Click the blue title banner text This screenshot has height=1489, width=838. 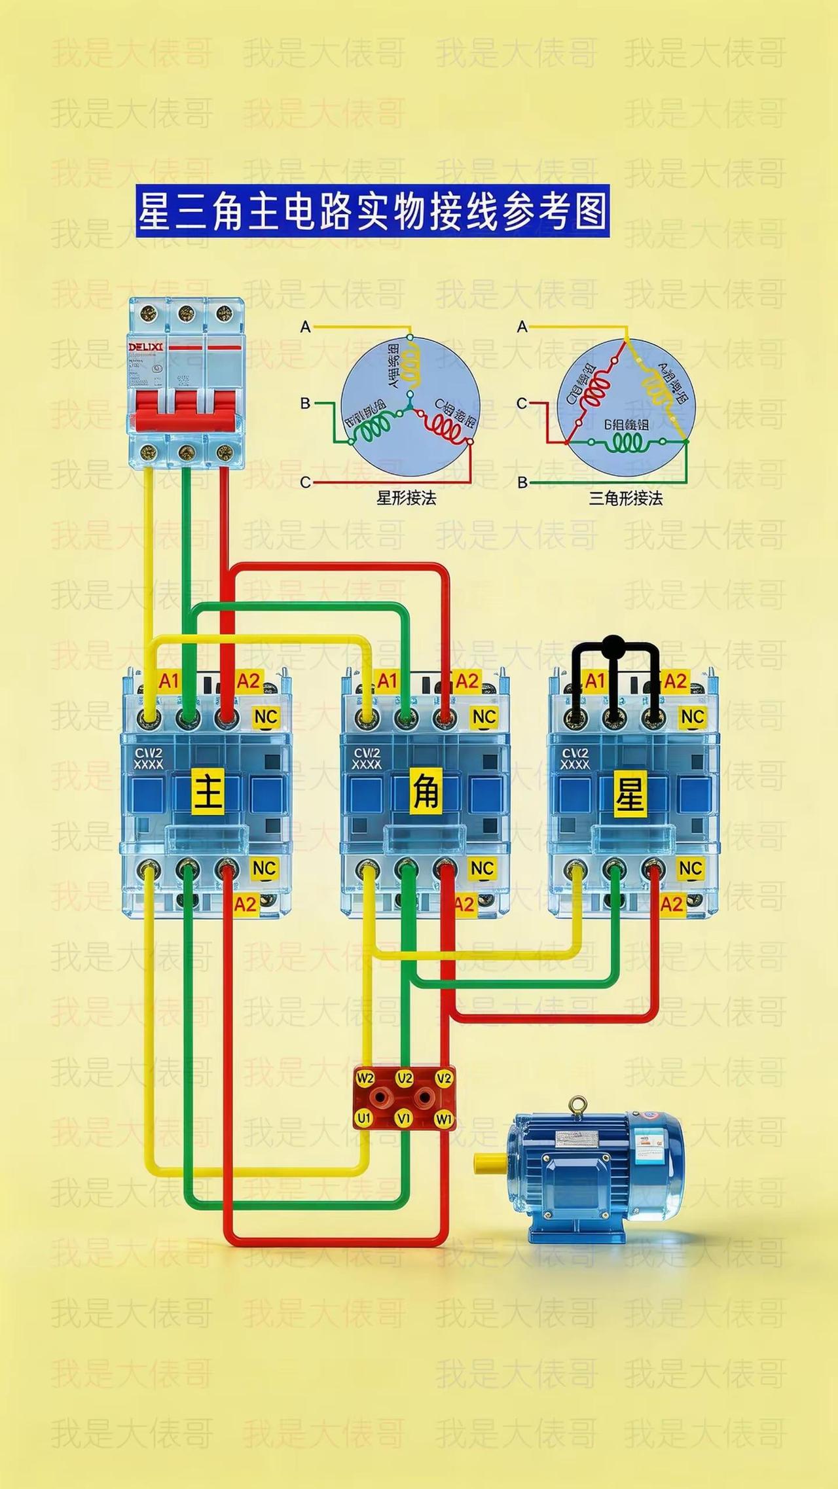tap(372, 211)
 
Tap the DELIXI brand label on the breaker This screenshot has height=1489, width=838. tap(146, 346)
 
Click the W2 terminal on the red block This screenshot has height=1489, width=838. tap(365, 1078)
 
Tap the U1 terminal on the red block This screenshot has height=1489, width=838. tap(363, 1119)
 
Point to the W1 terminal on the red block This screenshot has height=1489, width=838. tap(445, 1119)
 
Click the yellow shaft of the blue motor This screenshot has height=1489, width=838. tap(490, 1162)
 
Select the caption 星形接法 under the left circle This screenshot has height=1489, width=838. tap(406, 498)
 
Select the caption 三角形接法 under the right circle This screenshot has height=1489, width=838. tap(626, 498)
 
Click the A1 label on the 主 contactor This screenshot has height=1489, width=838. tap(169, 681)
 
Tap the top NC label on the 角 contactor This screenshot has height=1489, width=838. tap(483, 717)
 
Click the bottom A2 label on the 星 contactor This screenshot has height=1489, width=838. tap(672, 905)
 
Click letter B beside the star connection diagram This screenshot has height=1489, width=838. tap(305, 403)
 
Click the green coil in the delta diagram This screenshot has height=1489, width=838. tap(627, 444)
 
